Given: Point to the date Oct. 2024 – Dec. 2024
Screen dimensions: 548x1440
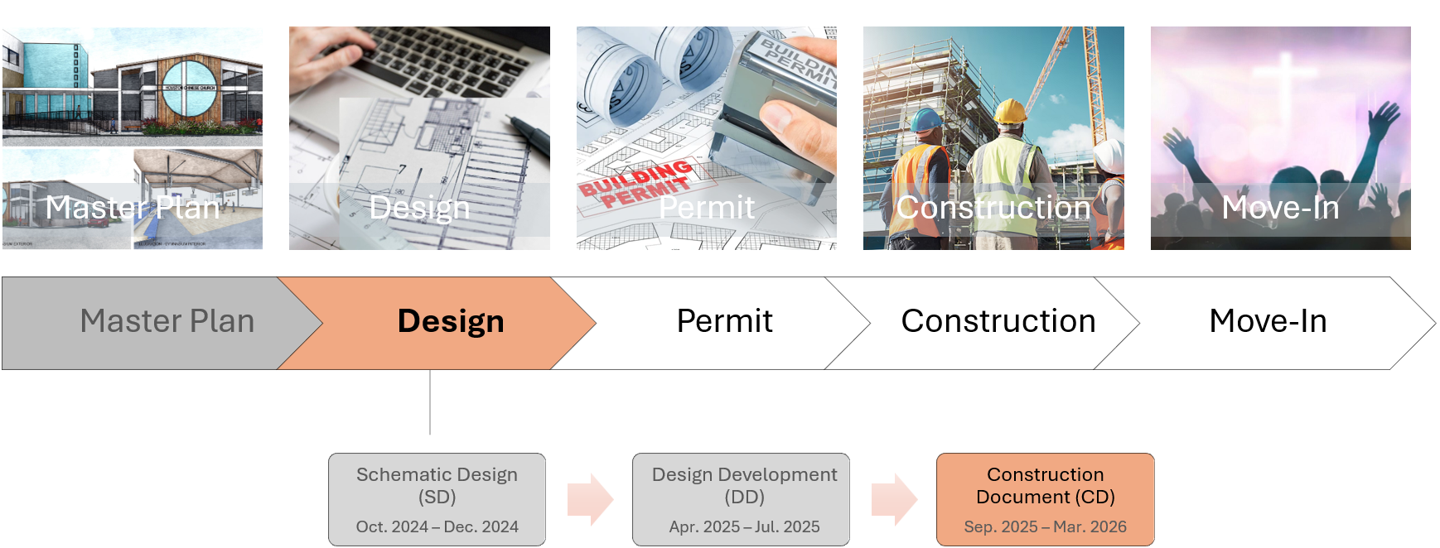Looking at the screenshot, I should [x=437, y=527].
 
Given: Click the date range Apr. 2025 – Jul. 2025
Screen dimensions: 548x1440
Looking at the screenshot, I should [x=744, y=527].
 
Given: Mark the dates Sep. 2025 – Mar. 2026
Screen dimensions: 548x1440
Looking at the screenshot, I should [x=1045, y=527].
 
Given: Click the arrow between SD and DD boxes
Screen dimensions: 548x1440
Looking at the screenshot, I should [x=590, y=499].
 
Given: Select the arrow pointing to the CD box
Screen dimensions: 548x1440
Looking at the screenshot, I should [x=894, y=499].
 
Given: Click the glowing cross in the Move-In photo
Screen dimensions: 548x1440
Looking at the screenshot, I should [x=1285, y=75].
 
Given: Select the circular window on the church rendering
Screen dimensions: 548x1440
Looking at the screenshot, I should [x=189, y=89].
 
